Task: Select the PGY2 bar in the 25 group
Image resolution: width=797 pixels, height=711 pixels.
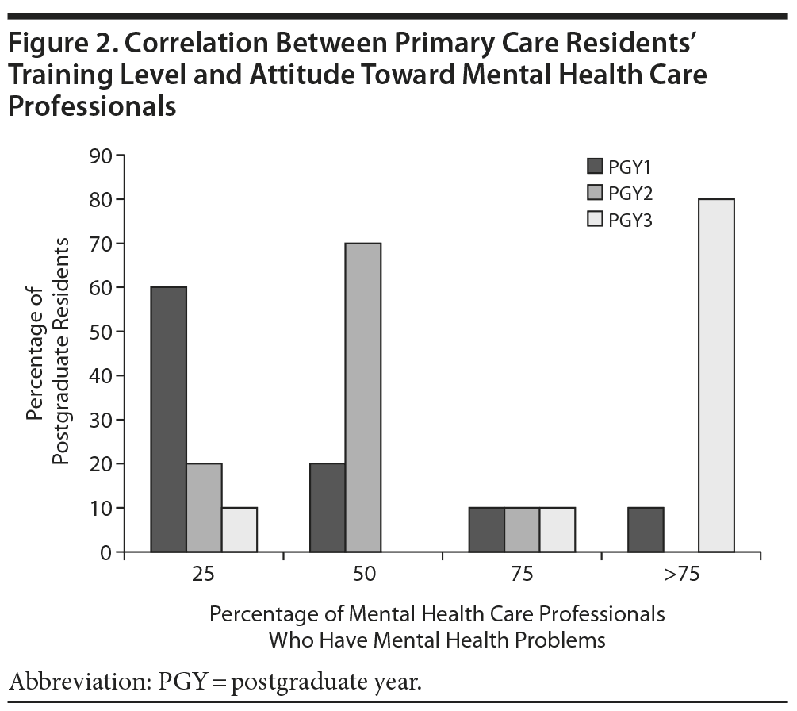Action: click(204, 507)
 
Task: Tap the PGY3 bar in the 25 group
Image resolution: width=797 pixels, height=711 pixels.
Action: click(239, 529)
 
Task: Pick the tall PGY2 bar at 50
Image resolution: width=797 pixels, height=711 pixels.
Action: click(362, 397)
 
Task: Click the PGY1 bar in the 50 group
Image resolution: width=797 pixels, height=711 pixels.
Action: click(328, 507)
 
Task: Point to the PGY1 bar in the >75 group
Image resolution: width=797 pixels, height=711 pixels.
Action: click(645, 529)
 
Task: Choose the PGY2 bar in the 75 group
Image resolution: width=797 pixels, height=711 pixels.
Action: click(521, 529)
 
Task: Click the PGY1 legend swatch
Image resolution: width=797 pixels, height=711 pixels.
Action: click(595, 166)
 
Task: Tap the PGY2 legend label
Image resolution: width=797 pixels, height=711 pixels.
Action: click(631, 193)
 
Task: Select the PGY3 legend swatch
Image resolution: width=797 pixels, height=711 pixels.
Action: click(595, 220)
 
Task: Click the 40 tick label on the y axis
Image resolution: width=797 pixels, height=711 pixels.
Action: click(102, 375)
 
